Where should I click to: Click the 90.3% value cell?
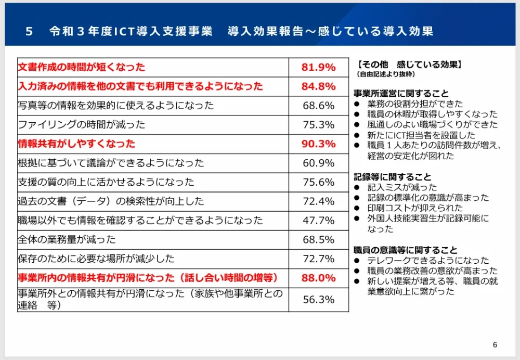[318, 144]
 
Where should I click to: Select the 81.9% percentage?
[318, 67]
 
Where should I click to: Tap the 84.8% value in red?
[318, 86]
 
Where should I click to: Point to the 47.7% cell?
[318, 221]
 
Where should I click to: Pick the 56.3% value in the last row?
[318, 300]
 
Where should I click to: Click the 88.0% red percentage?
[318, 278]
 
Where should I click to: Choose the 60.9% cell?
[318, 163]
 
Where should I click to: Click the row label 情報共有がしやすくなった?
[76, 144]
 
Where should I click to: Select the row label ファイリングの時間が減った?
[81, 125]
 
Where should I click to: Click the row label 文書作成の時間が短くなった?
[81, 67]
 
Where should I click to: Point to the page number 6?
[495, 345]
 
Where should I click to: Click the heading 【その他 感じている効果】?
[409, 66]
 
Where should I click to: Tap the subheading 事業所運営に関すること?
[400, 94]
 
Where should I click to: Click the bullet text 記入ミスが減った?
[401, 187]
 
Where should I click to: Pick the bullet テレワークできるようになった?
[427, 261]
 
